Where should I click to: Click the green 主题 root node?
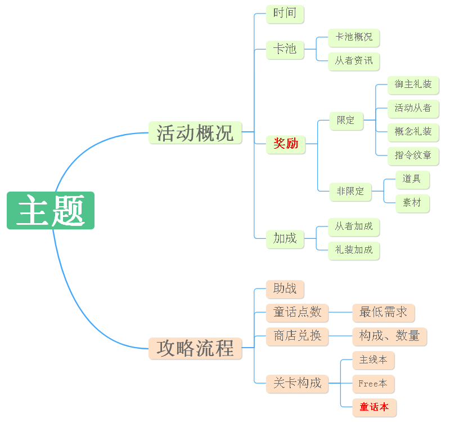click(51, 211)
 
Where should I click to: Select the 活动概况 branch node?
click(195, 133)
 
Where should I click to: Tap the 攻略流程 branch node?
click(195, 348)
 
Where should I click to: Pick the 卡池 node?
click(285, 50)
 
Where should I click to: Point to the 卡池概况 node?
click(354, 38)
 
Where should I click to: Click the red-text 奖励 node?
click(286, 144)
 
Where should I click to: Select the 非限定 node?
click(350, 192)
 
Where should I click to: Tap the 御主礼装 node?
click(413, 85)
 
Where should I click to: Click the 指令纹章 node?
click(413, 156)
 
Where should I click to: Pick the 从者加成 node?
click(354, 227)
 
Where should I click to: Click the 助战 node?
click(285, 289)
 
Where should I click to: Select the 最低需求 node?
click(383, 313)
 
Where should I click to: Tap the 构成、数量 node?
click(389, 336)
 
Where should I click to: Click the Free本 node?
click(373, 384)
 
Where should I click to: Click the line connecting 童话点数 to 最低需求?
click(340, 312)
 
